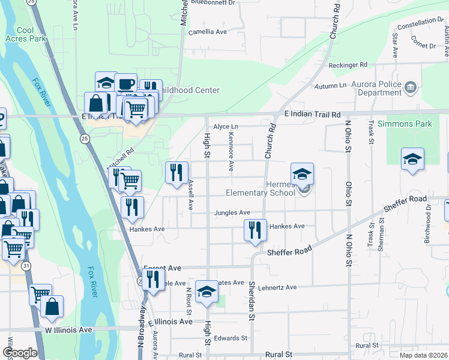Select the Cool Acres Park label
click(x=32, y=35)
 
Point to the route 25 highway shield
click(x=85, y=139)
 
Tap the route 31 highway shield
click(x=25, y=265)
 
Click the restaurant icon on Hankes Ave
click(x=255, y=230)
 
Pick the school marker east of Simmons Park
click(x=412, y=160)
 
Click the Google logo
click(x=20, y=353)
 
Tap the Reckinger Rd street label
click(x=348, y=65)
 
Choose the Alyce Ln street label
click(x=226, y=127)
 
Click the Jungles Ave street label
click(x=232, y=212)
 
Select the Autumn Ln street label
click(x=331, y=86)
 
